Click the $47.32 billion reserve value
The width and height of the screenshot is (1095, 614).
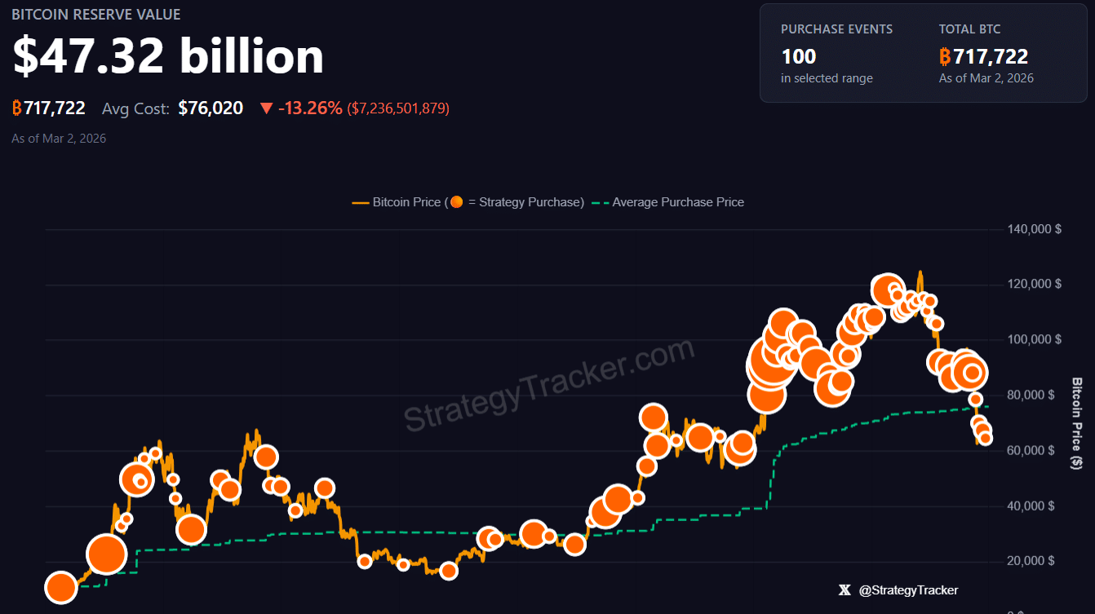point(168,56)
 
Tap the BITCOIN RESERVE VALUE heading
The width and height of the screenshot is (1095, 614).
point(96,15)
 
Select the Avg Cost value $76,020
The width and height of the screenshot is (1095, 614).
point(211,108)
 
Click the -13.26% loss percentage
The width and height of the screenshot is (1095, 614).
point(310,108)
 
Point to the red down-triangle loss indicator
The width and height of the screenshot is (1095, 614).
point(266,108)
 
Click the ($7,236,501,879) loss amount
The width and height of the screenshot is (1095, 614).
point(398,108)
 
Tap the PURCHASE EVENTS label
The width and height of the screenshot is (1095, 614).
point(836,29)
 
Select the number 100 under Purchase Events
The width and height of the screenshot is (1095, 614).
point(798,56)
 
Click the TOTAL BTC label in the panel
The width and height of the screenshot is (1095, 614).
point(969,29)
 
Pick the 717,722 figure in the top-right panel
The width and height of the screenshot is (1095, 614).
point(990,56)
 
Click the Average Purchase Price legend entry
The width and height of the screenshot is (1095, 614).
point(678,202)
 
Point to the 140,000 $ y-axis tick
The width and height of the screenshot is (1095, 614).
point(1035,229)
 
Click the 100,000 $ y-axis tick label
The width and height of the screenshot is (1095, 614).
point(1035,340)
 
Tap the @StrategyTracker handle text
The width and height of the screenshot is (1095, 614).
point(908,590)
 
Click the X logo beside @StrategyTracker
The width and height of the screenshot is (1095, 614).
point(845,590)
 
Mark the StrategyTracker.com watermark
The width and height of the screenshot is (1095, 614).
point(548,385)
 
